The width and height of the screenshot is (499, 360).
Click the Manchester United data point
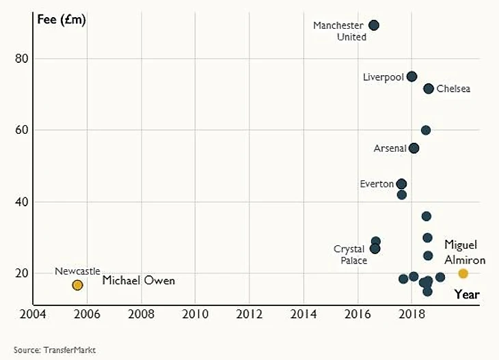click(374, 25)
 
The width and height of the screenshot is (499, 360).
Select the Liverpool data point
click(412, 77)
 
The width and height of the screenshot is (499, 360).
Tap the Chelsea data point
click(429, 89)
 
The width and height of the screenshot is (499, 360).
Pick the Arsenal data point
click(414, 148)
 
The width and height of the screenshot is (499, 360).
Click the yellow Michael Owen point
click(78, 285)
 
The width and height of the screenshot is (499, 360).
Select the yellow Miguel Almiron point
click(463, 273)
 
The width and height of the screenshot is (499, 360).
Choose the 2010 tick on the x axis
click(195, 315)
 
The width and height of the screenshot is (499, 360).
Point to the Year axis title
click(467, 295)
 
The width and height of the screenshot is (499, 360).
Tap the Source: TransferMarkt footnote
click(55, 350)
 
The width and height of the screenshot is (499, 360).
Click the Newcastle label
click(77, 271)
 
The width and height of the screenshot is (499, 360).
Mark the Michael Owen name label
click(139, 281)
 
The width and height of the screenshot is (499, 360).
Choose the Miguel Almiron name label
click(465, 252)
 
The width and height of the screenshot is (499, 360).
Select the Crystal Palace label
click(350, 255)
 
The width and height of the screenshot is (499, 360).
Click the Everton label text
click(377, 184)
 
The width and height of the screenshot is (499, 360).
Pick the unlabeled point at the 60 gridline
click(426, 130)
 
